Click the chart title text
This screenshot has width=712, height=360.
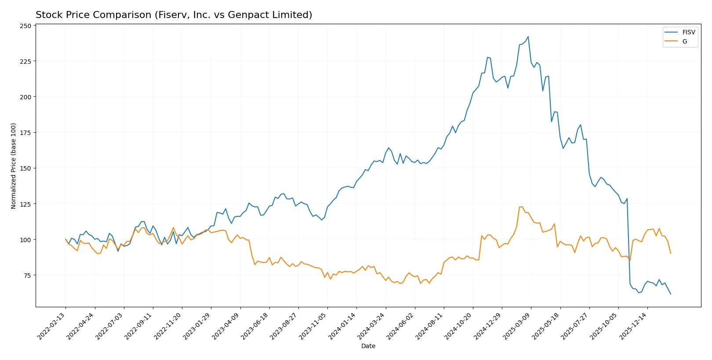174,15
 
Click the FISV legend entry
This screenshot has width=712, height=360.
688,33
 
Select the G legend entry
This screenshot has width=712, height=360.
684,42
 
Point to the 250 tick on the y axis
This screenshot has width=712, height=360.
25,26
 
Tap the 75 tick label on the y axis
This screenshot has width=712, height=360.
27,276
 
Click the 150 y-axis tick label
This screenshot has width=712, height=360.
25,168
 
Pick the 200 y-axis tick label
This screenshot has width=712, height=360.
25,97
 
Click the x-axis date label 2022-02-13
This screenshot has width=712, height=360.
52,326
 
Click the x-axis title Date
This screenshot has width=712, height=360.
368,346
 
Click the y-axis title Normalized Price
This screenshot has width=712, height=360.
14,166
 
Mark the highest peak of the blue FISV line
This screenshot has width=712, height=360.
528,37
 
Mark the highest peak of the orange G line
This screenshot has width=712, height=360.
522,207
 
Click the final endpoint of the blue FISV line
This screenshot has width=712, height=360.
671,294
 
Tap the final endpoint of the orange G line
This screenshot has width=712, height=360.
671,253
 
